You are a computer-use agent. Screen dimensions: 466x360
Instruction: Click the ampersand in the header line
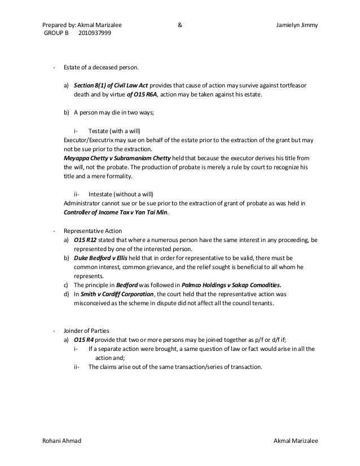tap(179, 25)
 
